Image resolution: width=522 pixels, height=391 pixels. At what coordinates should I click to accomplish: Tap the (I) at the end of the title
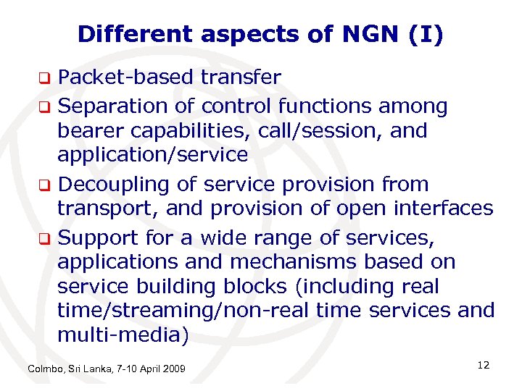tap(428, 34)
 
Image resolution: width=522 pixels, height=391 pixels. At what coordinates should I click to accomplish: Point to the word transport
tap(101, 208)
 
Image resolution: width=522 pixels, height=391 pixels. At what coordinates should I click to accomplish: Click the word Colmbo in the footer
tap(45, 370)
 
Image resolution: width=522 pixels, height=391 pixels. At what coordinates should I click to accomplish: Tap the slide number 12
tap(484, 366)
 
